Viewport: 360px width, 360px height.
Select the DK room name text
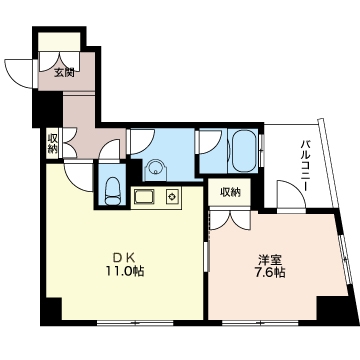click(123, 257)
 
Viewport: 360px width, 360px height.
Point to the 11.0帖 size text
click(125, 272)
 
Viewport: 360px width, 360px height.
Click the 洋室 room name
click(270, 259)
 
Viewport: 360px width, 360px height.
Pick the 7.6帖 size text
click(270, 273)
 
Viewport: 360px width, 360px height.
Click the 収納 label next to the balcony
click(230, 192)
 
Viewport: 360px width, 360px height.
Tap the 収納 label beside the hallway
click(52, 143)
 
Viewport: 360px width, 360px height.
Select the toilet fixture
click(112, 191)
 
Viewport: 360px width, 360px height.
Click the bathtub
click(244, 150)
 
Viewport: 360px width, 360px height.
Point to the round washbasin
click(155, 168)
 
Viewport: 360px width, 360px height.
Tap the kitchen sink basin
click(144, 196)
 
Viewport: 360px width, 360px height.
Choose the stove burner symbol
click(172, 197)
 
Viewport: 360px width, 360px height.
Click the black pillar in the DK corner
click(53, 309)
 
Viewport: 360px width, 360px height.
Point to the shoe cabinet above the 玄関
click(60, 42)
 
